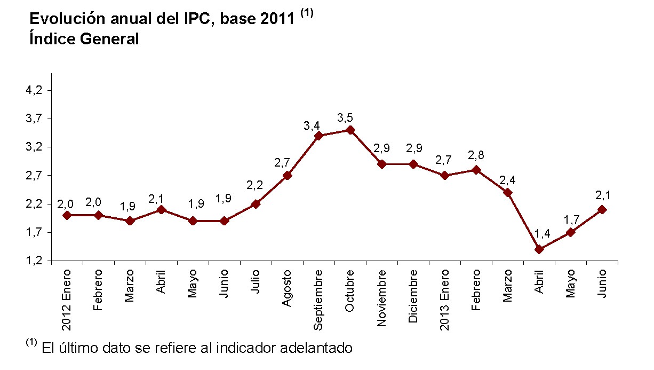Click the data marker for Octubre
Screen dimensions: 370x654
(x=350, y=130)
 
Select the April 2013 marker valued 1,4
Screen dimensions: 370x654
(x=539, y=249)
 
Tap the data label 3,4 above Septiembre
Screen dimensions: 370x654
(x=312, y=126)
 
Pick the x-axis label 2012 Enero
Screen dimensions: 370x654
(x=67, y=300)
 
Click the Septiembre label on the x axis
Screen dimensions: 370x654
(x=319, y=300)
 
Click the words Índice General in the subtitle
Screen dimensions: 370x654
(x=84, y=39)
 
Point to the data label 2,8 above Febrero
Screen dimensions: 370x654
(x=476, y=155)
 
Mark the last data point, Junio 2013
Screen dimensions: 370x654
(x=602, y=210)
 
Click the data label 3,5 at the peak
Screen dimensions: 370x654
(x=345, y=117)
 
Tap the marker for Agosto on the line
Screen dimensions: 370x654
(x=287, y=175)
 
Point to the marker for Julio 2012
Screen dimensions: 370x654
(x=256, y=204)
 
